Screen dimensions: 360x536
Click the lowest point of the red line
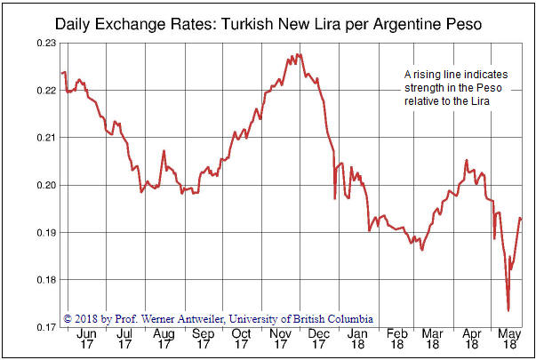pyautogui.click(x=508, y=310)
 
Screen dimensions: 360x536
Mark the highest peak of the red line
pyautogui.click(x=298, y=54)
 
